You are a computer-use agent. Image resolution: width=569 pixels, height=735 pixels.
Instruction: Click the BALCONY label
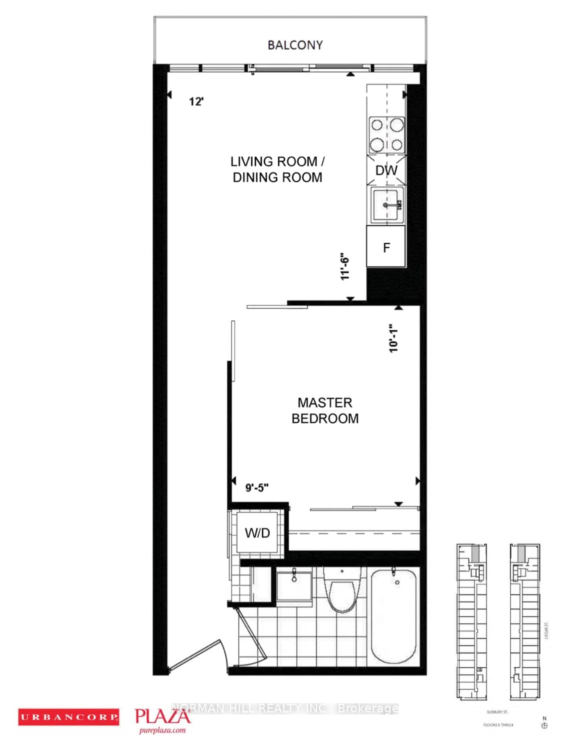click(295, 45)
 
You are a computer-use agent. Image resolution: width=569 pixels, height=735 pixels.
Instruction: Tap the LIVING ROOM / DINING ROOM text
click(277, 169)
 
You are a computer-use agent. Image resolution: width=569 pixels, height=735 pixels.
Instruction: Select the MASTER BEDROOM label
click(325, 410)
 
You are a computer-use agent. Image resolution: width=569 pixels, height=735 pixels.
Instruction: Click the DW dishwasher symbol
click(386, 170)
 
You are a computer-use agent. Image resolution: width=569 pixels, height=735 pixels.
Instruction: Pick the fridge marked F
click(386, 247)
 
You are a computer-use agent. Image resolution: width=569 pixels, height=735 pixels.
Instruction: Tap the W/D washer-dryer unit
click(257, 532)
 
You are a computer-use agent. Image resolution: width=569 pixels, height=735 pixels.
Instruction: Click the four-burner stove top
click(386, 134)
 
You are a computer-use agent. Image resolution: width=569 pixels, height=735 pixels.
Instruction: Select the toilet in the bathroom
click(342, 591)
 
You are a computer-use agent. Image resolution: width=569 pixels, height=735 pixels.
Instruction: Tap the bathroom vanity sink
click(294, 585)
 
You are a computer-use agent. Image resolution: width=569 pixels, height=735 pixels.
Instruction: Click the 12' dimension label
click(196, 101)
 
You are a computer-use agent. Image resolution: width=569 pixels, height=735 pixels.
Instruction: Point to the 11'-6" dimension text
click(345, 268)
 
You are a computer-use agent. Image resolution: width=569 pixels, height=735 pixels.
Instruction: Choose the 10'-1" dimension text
click(393, 338)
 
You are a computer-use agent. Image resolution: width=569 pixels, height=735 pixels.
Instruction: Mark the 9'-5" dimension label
click(257, 487)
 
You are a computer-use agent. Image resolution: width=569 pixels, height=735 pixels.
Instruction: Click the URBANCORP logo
click(68, 717)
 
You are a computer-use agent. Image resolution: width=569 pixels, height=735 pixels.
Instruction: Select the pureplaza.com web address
click(162, 730)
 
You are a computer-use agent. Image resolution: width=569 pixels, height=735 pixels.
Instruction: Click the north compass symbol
click(544, 726)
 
